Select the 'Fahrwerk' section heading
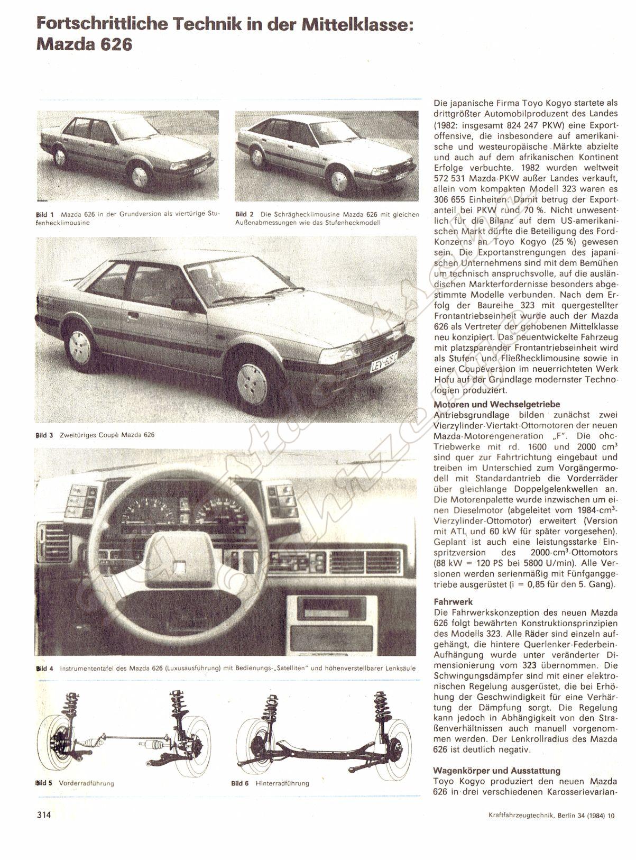(453, 602)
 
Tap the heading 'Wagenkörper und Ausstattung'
(496, 771)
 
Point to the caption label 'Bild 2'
(245, 215)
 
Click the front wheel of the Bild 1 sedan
(140, 177)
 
